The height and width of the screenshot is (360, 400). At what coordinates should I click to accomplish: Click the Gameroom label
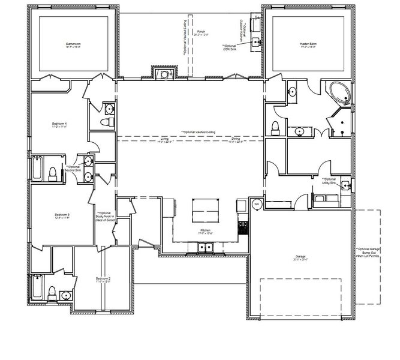point(74,45)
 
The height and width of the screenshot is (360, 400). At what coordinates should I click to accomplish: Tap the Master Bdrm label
point(308,45)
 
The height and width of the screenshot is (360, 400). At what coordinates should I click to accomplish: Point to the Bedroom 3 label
point(63,215)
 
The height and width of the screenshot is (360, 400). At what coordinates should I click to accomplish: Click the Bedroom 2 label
point(103,280)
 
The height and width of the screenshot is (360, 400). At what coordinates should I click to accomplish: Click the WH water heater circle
point(257,204)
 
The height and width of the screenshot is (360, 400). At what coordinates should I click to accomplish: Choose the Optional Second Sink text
point(73,169)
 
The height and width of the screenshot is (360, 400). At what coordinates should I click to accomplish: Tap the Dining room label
point(236,140)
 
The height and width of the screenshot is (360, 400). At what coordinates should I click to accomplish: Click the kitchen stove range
point(243,227)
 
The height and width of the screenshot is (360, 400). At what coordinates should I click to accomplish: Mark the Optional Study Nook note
point(105,217)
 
